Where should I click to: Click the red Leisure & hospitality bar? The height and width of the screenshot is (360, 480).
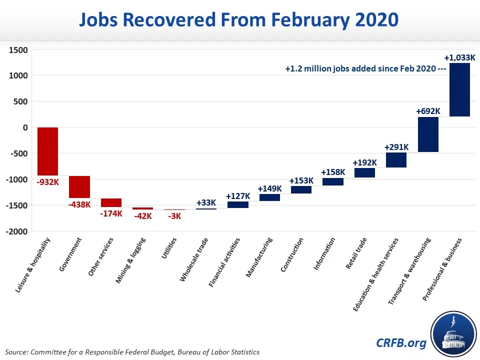(47, 151)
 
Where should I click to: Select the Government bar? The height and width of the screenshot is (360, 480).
(79, 187)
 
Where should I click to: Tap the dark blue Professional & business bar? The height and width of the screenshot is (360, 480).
(459, 89)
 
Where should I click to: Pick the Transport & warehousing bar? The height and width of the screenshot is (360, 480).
(428, 134)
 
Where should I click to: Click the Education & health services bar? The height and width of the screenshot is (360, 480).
(396, 160)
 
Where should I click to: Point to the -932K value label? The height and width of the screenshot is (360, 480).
(48, 182)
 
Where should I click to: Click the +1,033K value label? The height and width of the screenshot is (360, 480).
(459, 57)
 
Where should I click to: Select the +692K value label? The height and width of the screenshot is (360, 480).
(428, 111)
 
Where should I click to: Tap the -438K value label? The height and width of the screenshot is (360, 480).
(79, 204)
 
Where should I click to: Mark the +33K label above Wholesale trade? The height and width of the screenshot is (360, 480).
(206, 202)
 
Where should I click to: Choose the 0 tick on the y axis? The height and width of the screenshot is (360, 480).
(25, 127)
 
